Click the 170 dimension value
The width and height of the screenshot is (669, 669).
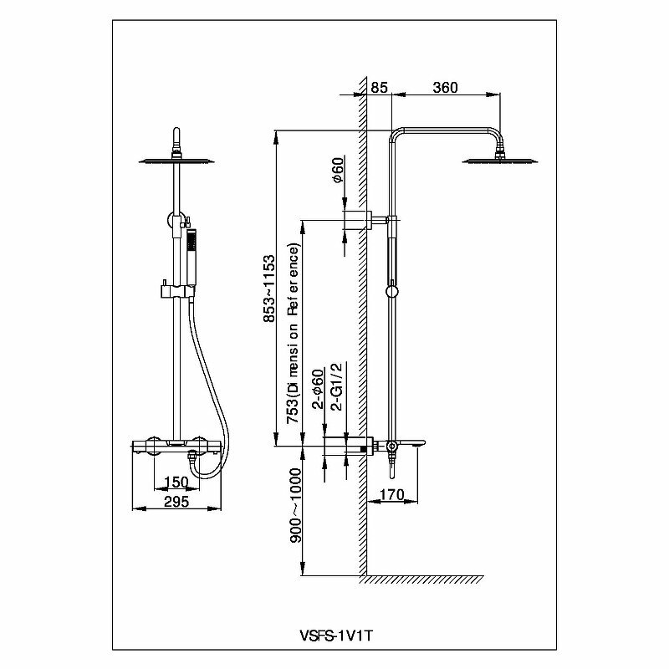[x=391, y=494]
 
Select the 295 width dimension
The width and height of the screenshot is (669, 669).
[x=176, y=502]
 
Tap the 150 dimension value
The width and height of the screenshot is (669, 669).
[x=177, y=483]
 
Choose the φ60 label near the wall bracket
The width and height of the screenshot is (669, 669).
[x=335, y=172]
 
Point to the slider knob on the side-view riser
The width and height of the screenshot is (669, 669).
[x=391, y=292]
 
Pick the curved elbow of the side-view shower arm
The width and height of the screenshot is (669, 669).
[x=495, y=134]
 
